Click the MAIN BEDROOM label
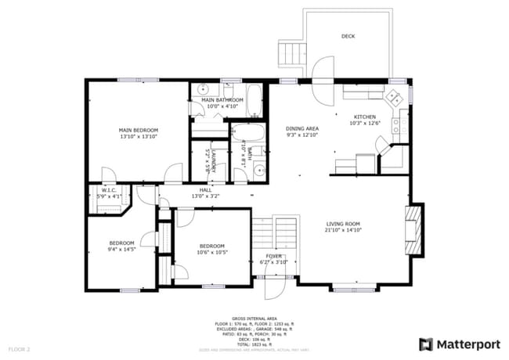[139, 130]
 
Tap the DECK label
[348, 37]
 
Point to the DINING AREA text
[301, 128]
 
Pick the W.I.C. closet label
[109, 190]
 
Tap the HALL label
[205, 190]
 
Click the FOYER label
[274, 256]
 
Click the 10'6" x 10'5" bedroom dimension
[212, 252]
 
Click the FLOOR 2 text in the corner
[19, 348]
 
